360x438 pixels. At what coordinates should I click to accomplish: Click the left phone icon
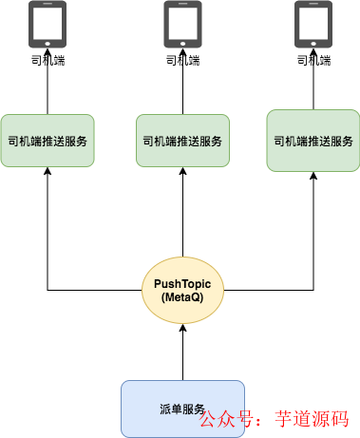47,24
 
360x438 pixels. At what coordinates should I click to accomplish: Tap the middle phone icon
182,24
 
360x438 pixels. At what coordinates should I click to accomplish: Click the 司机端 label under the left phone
47,60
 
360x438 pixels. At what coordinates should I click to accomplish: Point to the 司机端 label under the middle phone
182,60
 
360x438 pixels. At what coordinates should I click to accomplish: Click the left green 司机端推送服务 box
47,142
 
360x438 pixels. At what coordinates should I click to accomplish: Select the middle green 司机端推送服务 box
182,142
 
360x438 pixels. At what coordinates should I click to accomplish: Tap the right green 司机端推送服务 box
313,142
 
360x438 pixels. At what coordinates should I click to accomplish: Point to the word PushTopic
182,283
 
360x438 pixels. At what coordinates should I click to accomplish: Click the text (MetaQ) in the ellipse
182,298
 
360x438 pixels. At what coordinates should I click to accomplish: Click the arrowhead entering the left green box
47,175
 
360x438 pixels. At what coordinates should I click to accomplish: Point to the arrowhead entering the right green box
313,179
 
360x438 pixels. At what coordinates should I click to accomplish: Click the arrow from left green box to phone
47,90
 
